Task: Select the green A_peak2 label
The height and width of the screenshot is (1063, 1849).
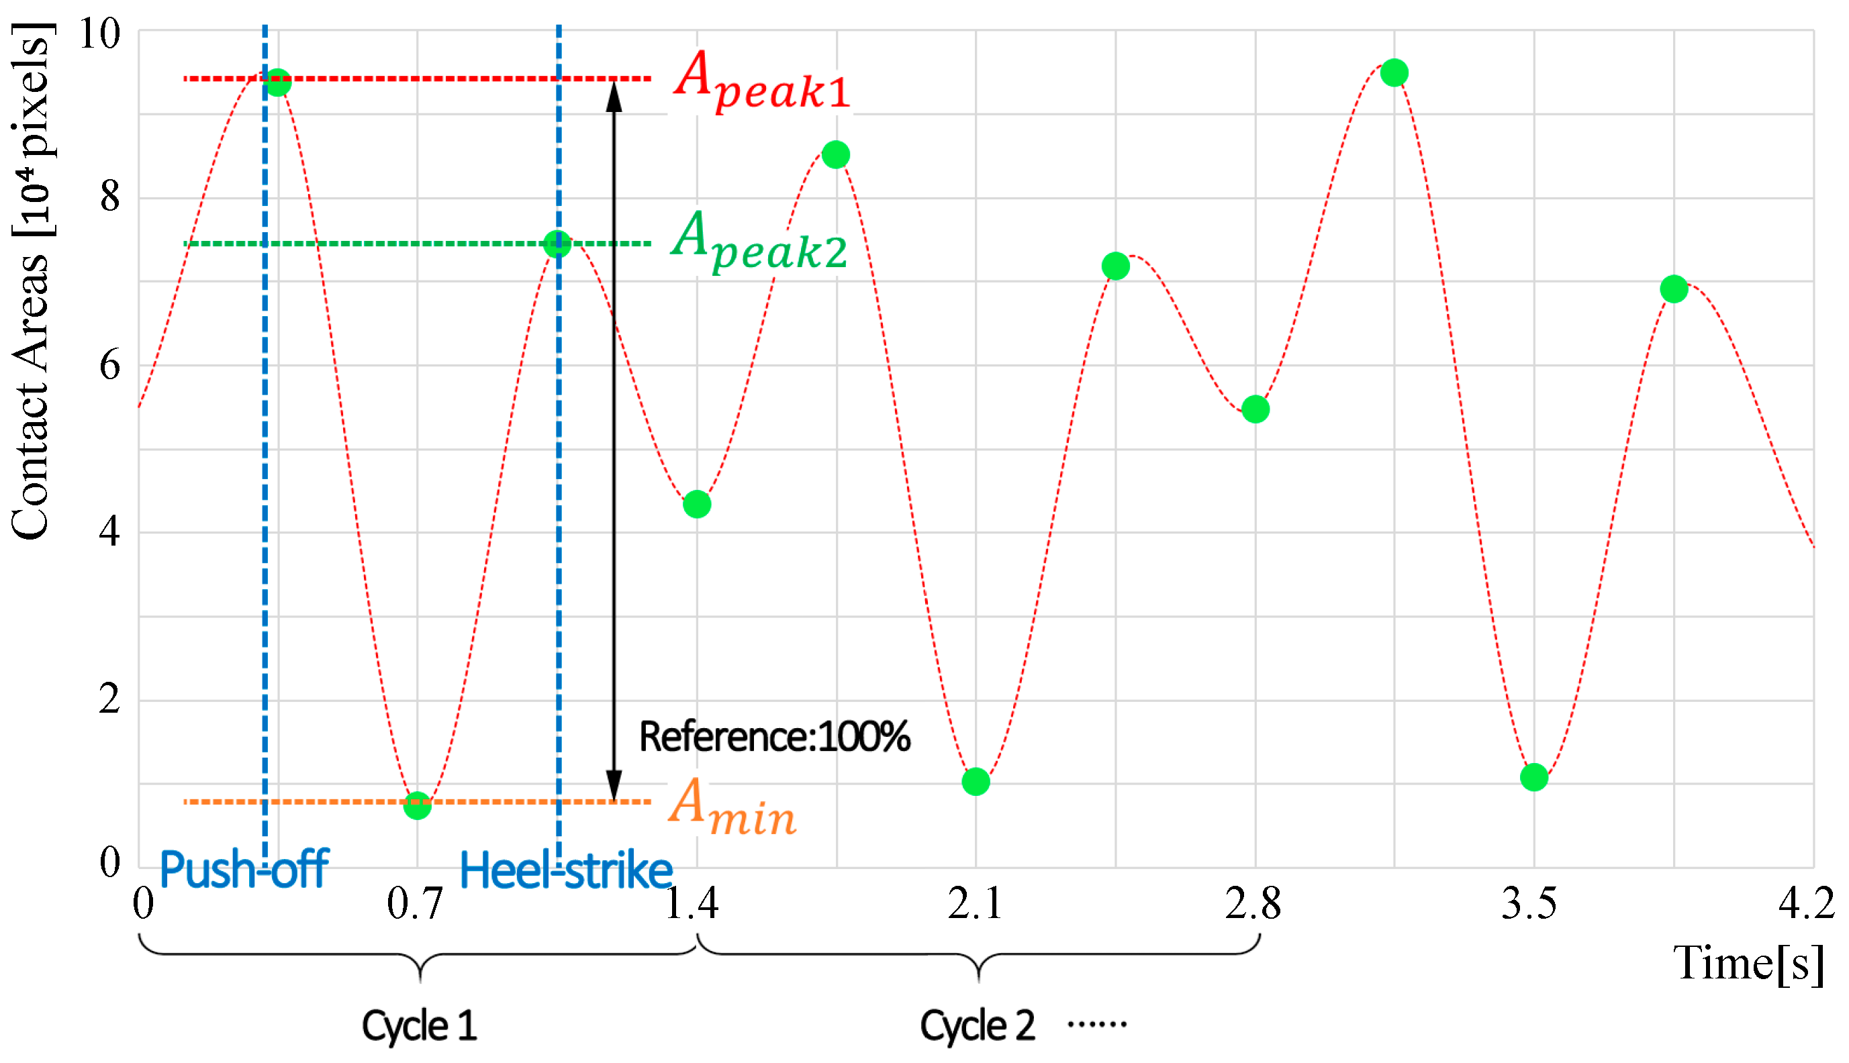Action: click(759, 241)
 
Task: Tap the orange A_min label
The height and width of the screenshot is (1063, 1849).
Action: click(732, 806)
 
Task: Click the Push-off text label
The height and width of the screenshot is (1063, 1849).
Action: click(244, 870)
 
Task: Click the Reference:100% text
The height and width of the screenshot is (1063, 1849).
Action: click(774, 737)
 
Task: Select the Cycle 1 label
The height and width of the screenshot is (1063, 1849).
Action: click(420, 1025)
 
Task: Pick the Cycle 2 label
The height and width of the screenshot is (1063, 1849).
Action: click(977, 1025)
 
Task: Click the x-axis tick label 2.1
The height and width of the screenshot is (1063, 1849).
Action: click(975, 904)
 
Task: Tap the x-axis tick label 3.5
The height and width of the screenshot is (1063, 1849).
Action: click(1529, 904)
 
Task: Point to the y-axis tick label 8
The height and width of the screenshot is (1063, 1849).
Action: click(110, 197)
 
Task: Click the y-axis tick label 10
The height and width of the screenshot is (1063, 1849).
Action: click(99, 34)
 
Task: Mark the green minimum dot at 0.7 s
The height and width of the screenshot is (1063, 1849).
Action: click(417, 806)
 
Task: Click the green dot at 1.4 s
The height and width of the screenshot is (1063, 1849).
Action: click(697, 505)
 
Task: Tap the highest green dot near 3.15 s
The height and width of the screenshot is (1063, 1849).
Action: click(1394, 73)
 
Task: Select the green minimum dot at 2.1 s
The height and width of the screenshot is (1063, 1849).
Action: click(976, 782)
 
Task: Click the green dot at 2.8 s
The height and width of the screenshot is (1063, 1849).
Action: click(1255, 409)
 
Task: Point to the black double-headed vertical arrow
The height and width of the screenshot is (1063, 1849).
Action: click(614, 438)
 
